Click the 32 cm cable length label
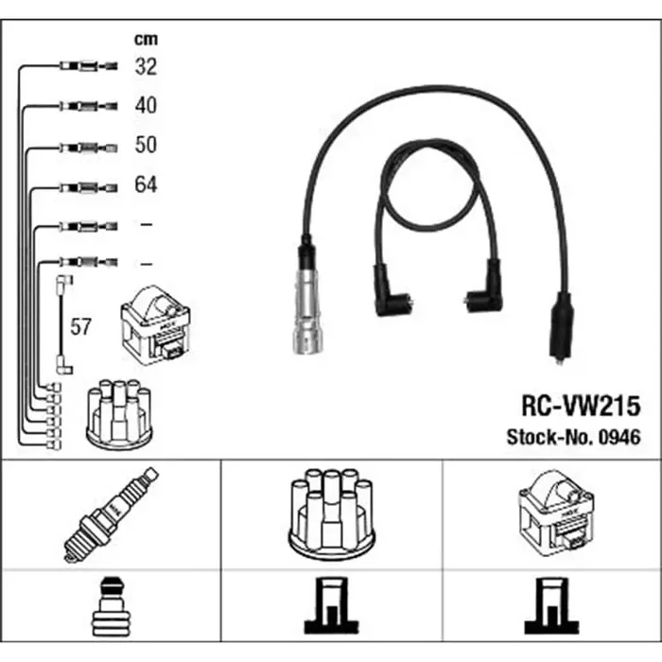146,66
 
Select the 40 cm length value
146,105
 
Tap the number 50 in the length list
146,145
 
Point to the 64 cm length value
146,184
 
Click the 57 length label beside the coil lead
80,327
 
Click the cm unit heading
146,40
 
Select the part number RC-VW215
581,406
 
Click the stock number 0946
619,437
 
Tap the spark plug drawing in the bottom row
112,514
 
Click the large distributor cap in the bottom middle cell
331,516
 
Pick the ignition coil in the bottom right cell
556,513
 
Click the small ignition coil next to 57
155,325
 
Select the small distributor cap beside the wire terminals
119,414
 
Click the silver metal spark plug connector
307,311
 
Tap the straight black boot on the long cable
560,327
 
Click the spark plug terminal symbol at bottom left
111,606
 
